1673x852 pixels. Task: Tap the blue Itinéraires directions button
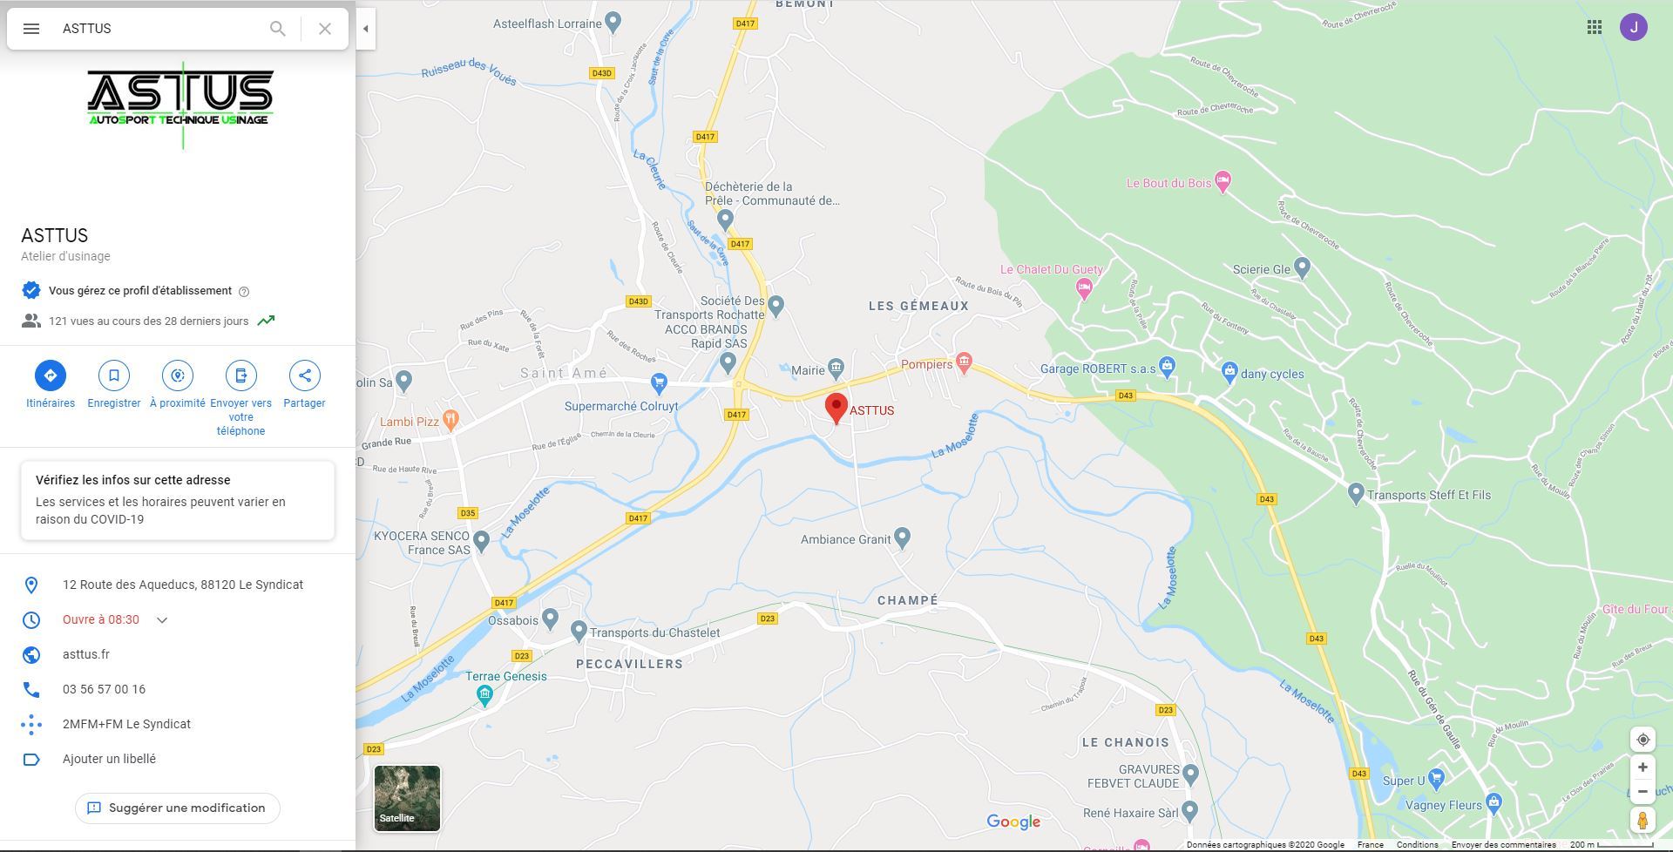(51, 375)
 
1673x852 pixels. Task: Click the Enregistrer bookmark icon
(114, 375)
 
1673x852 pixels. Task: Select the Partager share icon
(304, 375)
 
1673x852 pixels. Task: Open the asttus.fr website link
(86, 654)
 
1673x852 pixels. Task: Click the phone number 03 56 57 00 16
(104, 689)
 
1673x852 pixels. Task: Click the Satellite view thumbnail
(407, 798)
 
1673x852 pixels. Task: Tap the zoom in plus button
(1643, 767)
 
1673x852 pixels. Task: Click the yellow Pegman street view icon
(1643, 820)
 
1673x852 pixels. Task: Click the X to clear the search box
(325, 29)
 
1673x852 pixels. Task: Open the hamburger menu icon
(31, 29)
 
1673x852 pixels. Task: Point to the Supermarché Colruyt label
(620, 406)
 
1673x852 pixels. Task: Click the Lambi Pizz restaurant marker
(450, 420)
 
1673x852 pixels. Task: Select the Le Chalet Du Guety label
(1051, 270)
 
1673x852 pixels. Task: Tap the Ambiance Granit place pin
(903, 538)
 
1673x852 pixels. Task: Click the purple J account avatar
(1633, 27)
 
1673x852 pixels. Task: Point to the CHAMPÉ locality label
(908, 600)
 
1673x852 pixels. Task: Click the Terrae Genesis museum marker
(484, 694)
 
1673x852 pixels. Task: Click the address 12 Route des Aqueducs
(183, 585)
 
